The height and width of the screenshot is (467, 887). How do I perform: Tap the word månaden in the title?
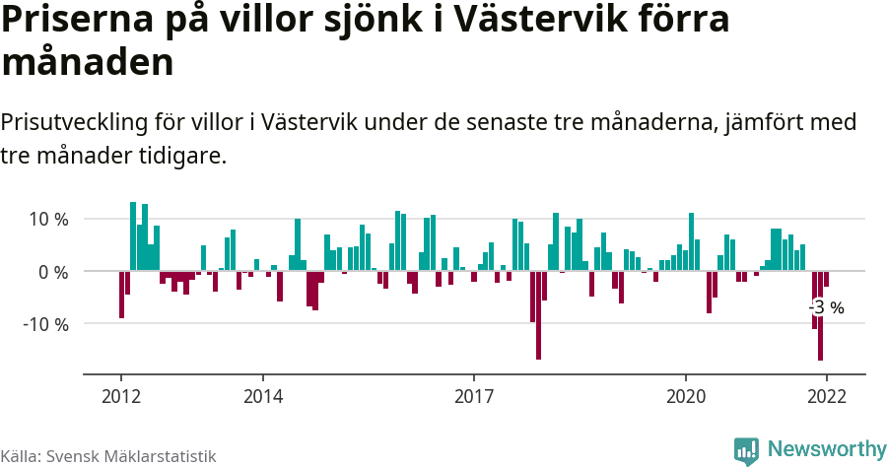click(88, 63)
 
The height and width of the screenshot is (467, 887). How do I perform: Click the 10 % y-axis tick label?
click(47, 219)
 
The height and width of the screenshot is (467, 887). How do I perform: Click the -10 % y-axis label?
click(44, 324)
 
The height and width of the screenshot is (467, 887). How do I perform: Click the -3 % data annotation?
click(827, 307)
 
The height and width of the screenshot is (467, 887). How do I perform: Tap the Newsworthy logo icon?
click(746, 450)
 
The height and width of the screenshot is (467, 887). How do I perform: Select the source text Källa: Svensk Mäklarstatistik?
click(108, 456)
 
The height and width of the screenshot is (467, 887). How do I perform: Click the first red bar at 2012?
click(121, 294)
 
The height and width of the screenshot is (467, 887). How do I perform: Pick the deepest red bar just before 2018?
click(539, 314)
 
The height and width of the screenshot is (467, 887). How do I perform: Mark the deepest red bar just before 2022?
click(820, 315)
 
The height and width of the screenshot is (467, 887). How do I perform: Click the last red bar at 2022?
click(826, 279)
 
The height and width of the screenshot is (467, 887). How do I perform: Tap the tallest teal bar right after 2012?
click(133, 236)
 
